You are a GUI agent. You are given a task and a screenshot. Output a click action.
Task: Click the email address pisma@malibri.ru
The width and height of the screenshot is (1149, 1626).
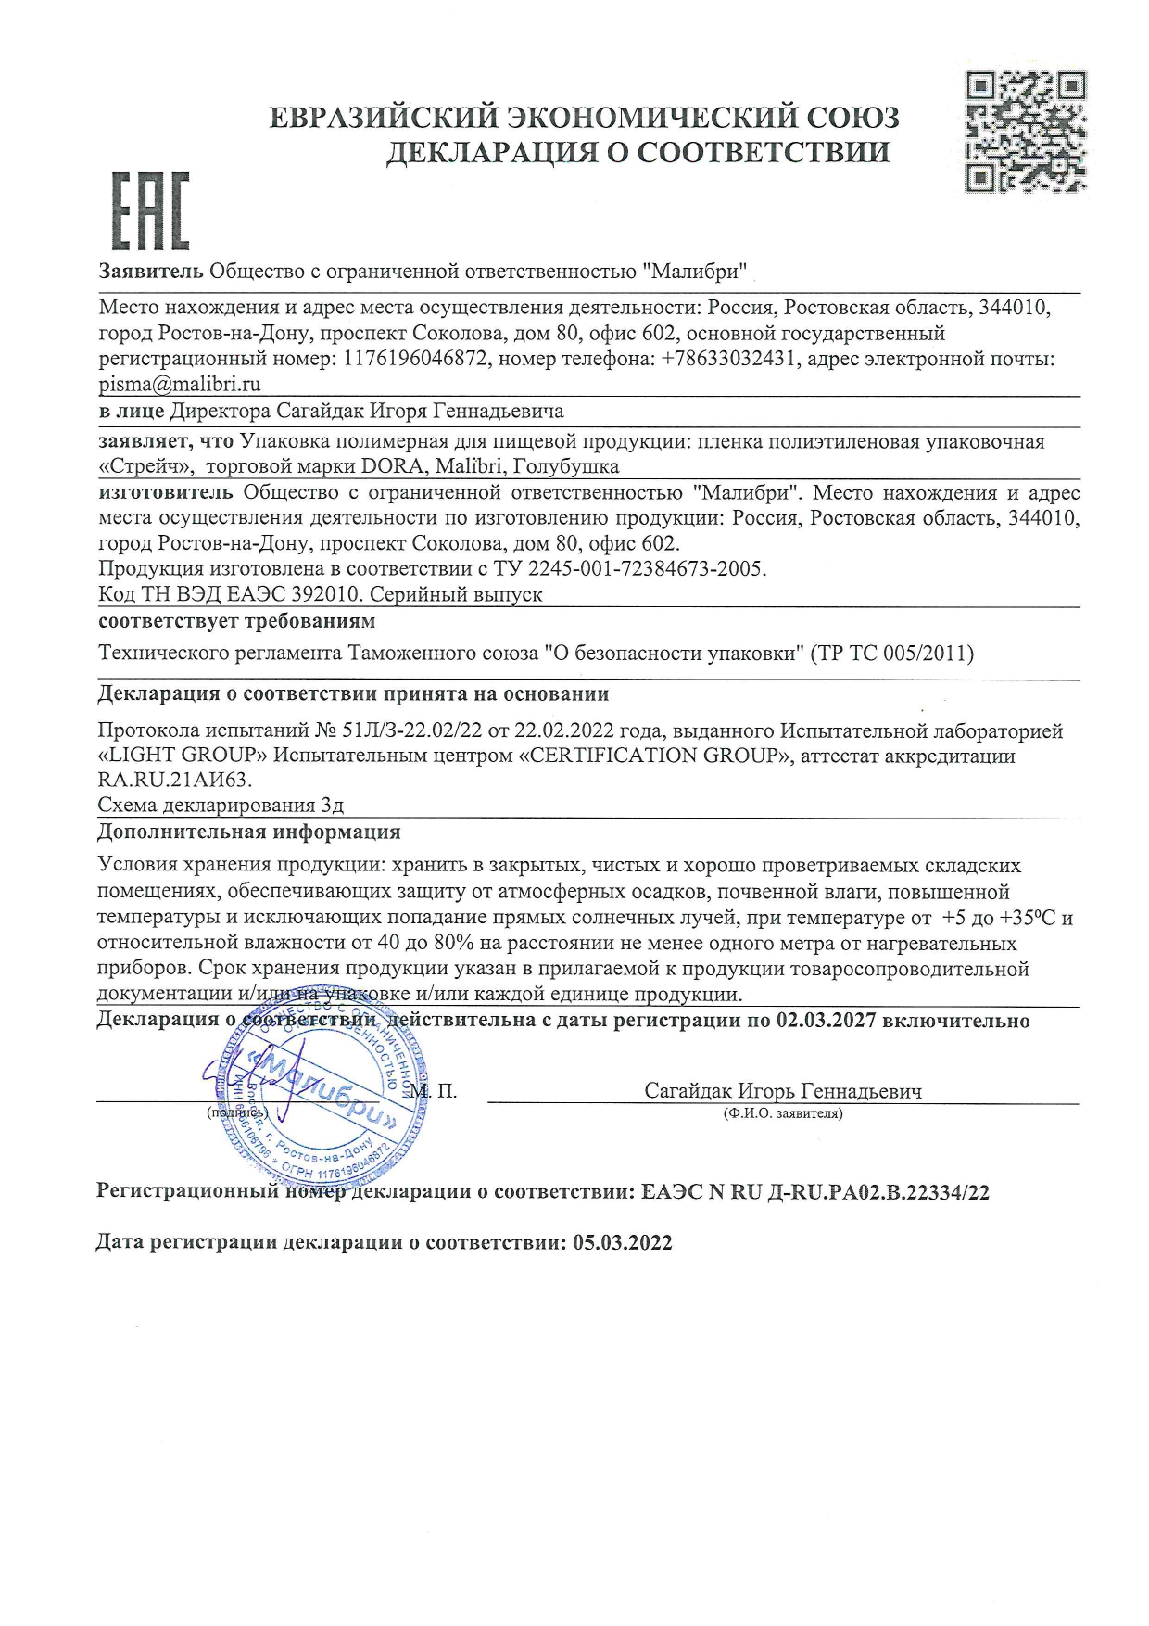(x=180, y=384)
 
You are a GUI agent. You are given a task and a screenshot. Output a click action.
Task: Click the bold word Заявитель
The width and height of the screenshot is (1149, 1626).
(x=151, y=272)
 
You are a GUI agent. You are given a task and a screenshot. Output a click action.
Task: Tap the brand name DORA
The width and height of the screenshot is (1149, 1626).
(x=392, y=466)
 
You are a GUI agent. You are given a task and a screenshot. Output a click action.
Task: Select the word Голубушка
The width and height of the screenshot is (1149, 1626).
(x=566, y=466)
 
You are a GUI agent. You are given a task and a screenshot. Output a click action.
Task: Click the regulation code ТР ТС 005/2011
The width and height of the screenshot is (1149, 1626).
(x=892, y=654)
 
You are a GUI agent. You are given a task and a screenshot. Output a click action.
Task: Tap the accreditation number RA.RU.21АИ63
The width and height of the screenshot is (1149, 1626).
(x=174, y=780)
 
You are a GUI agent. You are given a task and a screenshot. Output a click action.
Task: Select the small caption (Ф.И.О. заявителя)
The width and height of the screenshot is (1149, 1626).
(x=783, y=1113)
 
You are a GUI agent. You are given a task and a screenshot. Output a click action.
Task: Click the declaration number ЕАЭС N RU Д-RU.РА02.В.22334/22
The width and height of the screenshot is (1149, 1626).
(x=815, y=1192)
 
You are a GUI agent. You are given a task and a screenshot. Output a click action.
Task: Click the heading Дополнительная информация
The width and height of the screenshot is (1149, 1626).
(x=249, y=832)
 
